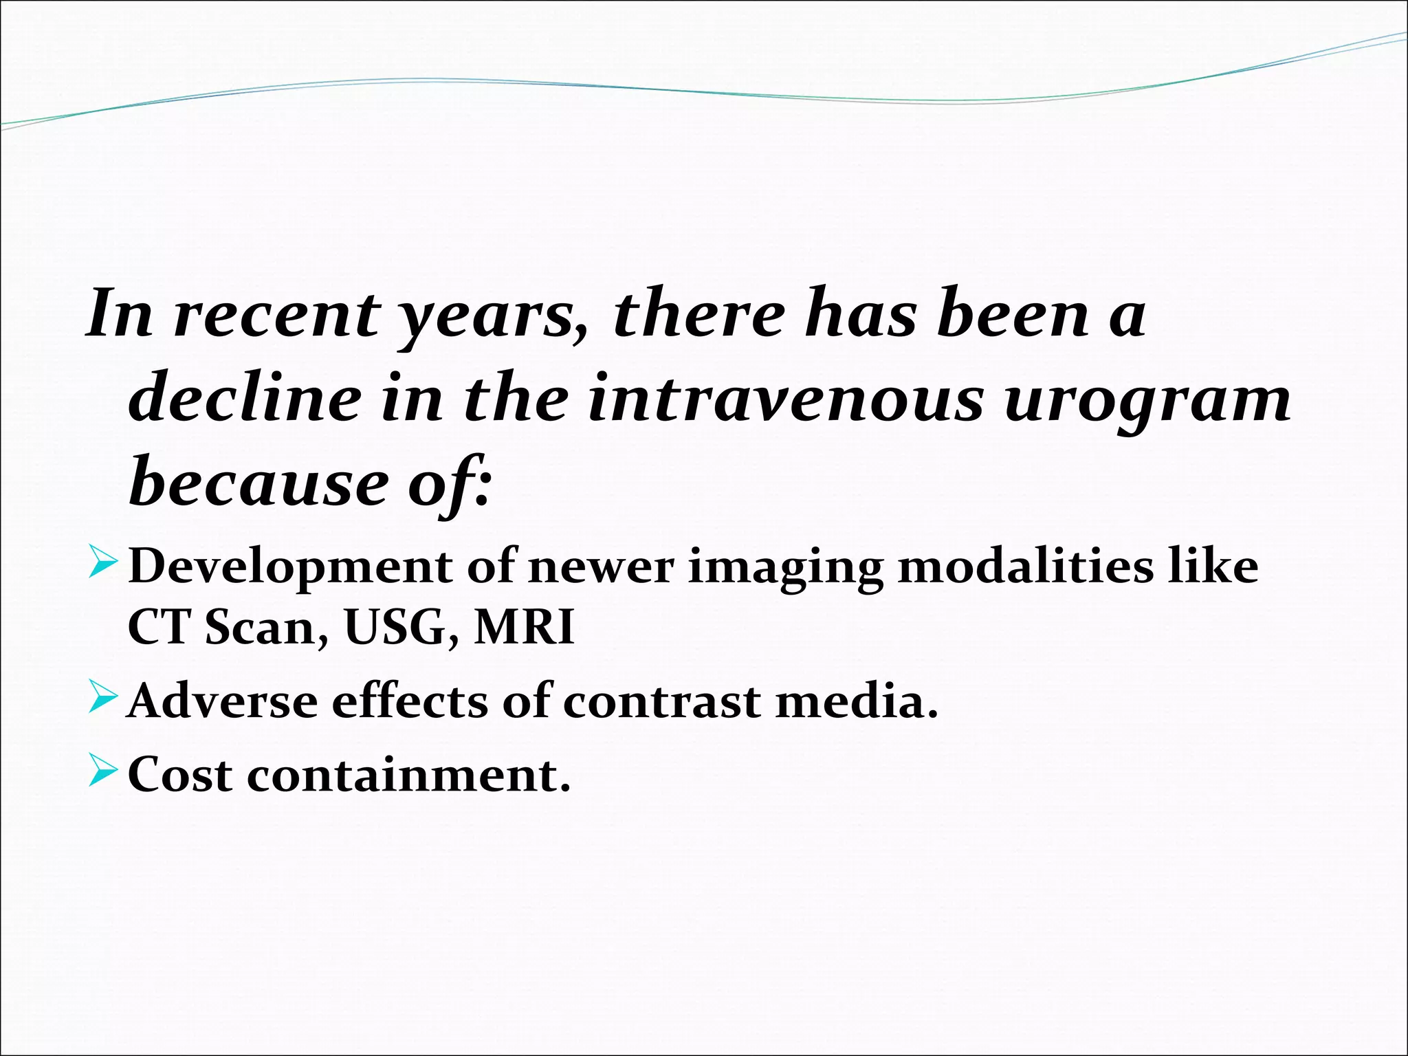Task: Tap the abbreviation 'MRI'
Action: [524, 628]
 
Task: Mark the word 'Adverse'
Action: [223, 703]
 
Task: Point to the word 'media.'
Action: [857, 703]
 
